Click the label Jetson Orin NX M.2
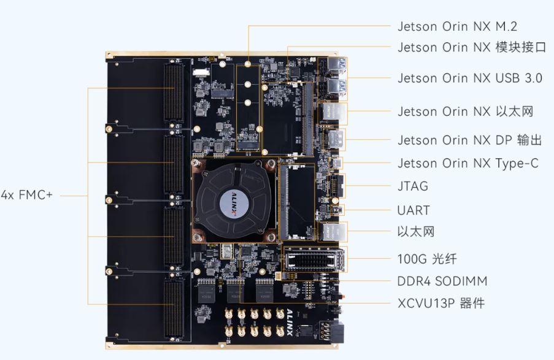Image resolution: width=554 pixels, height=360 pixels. (x=457, y=26)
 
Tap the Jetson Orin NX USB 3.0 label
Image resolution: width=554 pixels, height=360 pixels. (x=470, y=78)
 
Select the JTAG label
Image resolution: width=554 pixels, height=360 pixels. (x=413, y=186)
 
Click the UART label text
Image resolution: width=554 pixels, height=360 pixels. (x=414, y=210)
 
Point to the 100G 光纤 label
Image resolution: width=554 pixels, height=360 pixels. (x=427, y=259)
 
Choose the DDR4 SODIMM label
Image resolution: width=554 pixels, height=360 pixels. (x=442, y=281)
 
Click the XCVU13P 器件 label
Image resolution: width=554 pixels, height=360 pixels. (x=441, y=303)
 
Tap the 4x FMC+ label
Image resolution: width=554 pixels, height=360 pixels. (x=27, y=194)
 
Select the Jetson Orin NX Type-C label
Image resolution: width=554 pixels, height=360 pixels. (x=467, y=164)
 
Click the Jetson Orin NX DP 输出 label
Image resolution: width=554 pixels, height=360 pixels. (x=469, y=140)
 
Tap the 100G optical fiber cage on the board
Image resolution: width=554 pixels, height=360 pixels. (x=315, y=259)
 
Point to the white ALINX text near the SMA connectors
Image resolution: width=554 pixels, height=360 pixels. (x=289, y=322)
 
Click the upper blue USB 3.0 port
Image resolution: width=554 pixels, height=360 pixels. (x=337, y=66)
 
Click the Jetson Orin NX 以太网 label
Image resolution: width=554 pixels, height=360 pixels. (x=465, y=112)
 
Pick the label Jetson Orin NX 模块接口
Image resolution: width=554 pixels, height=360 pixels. (x=472, y=47)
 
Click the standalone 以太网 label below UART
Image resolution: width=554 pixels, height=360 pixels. (x=416, y=232)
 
